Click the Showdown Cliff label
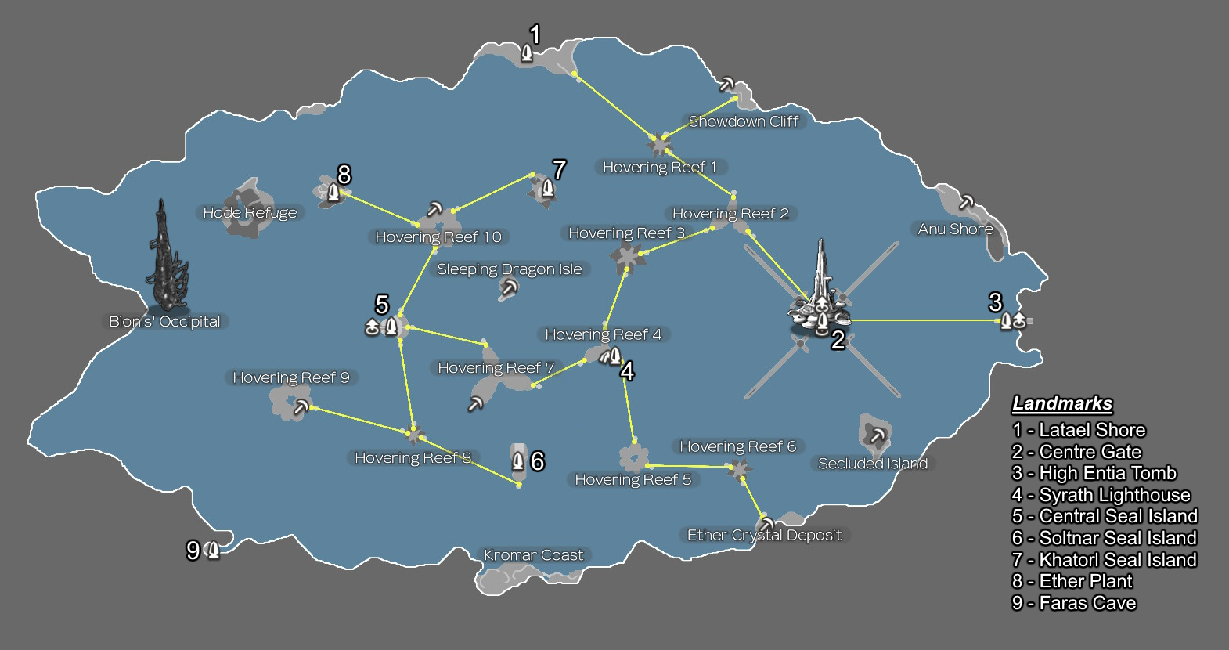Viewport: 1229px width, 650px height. pyautogui.click(x=743, y=121)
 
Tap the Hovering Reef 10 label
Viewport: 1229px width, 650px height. pyautogui.click(x=438, y=237)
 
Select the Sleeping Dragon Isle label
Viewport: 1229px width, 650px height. pyautogui.click(x=509, y=269)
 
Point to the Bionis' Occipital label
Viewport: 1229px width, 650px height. pyautogui.click(x=164, y=322)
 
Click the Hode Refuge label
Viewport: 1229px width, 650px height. pyautogui.click(x=250, y=213)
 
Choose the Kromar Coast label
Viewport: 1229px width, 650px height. pyautogui.click(x=533, y=555)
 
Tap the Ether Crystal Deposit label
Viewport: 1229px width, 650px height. pyautogui.click(x=764, y=536)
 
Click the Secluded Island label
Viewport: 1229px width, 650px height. pyautogui.click(x=873, y=464)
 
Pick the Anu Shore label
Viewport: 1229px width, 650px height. pyautogui.click(x=955, y=229)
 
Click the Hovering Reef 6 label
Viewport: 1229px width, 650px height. pyautogui.click(x=737, y=446)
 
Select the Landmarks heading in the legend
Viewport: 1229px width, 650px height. pyautogui.click(x=1061, y=404)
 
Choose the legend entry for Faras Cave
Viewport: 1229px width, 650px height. pyautogui.click(x=1073, y=603)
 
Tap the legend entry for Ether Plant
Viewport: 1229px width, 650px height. pyautogui.click(x=1072, y=581)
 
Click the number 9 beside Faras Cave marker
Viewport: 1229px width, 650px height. pyautogui.click(x=193, y=551)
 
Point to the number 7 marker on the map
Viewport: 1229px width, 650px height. pyautogui.click(x=558, y=170)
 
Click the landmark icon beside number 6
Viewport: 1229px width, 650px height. pyautogui.click(x=517, y=461)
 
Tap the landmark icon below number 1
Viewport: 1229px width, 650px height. pyautogui.click(x=527, y=53)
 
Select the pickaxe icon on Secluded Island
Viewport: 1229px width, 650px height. pyautogui.click(x=877, y=435)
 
